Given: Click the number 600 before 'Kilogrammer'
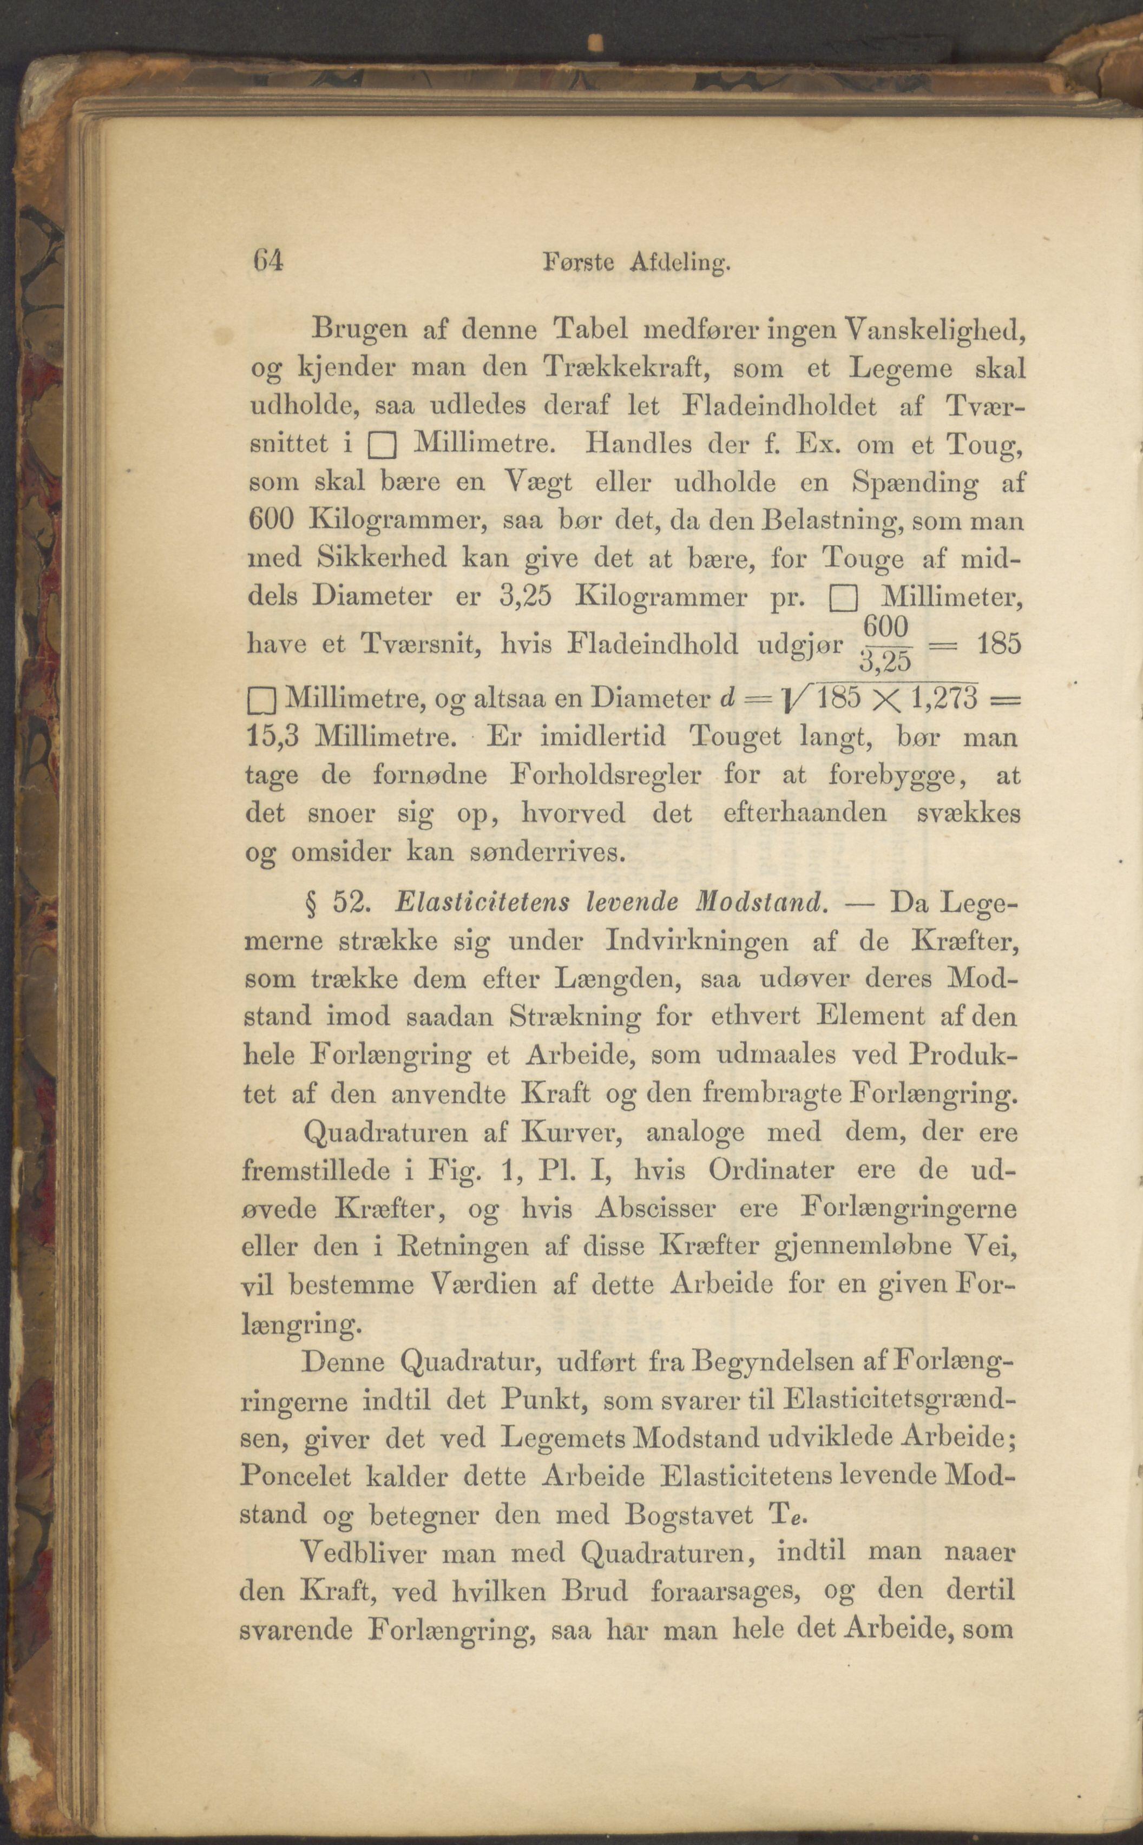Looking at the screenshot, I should coord(271,522).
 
